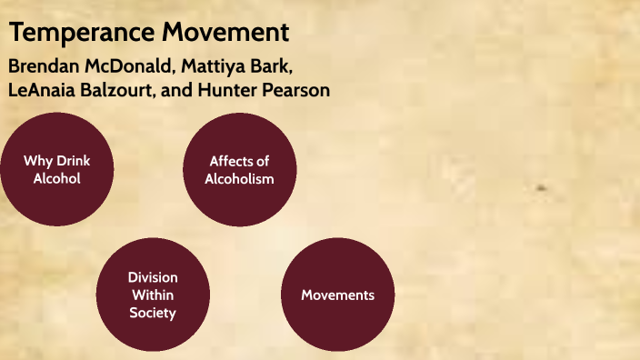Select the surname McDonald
(x=131, y=68)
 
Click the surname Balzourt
(x=119, y=91)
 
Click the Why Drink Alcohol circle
(x=56, y=170)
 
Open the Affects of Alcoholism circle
(x=239, y=170)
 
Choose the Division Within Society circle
(x=153, y=295)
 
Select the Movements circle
(x=337, y=295)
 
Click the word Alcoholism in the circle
(x=239, y=179)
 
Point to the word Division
(x=153, y=277)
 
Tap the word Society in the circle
(x=153, y=313)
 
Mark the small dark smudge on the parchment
(x=542, y=188)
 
